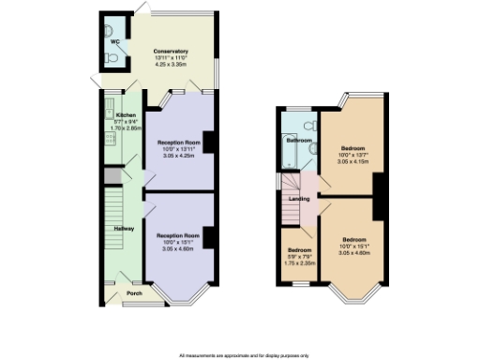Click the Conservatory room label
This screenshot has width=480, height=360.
[x=171, y=51]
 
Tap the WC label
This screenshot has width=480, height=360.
[x=114, y=42]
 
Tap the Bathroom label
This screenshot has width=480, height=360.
[x=299, y=141]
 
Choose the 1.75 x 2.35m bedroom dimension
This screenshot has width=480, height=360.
[x=300, y=263]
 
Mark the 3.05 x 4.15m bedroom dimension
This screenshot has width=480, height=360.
[x=353, y=162]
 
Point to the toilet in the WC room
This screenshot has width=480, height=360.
[x=112, y=57]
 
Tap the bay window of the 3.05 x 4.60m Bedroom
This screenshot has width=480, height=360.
[x=352, y=296]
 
